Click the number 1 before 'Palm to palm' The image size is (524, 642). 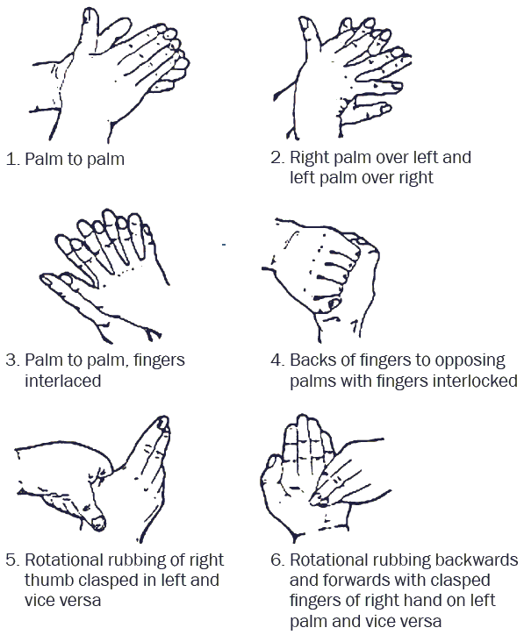[x=11, y=160]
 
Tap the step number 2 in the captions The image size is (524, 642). [x=276, y=159]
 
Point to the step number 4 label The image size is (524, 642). [x=276, y=360]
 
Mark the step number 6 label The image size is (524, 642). [x=276, y=560]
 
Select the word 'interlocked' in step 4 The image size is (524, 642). [x=471, y=382]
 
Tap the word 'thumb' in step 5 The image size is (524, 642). [x=51, y=581]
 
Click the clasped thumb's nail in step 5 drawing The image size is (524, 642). [x=99, y=524]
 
